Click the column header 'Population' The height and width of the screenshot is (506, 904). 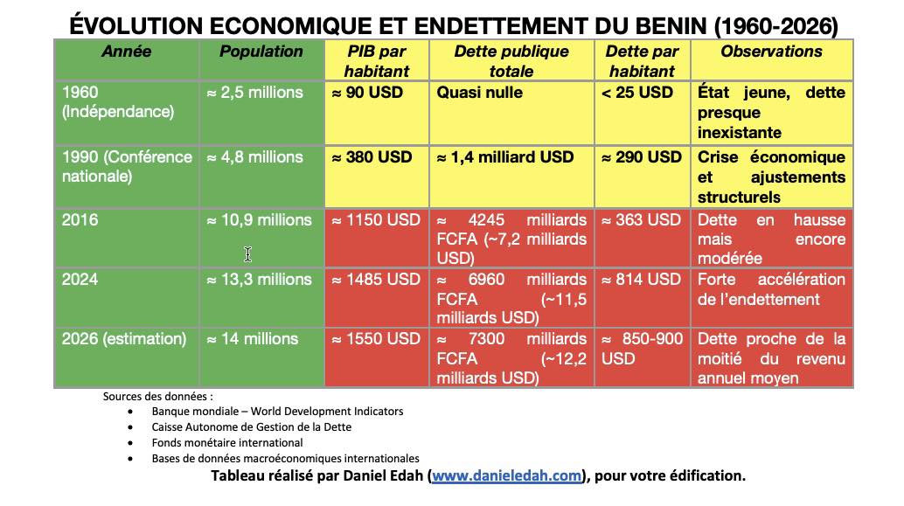261,52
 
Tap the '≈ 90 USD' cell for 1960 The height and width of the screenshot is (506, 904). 367,93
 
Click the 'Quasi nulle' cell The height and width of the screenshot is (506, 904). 479,93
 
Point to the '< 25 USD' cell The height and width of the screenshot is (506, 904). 637,93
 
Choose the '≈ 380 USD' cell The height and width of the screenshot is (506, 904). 372,157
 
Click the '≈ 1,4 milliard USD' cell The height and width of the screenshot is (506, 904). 505,157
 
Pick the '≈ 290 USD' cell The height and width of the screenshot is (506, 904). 642,157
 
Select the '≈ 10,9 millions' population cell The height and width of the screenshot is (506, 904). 259,220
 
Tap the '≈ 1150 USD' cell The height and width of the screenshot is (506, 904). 376,220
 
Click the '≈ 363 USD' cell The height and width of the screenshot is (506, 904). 641,220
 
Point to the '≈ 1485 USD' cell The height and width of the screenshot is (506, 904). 376,280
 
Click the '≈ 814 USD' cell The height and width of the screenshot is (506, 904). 641,280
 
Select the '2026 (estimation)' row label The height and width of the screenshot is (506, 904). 124,339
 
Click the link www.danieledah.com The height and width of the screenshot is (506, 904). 506,476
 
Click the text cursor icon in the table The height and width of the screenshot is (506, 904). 248,254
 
